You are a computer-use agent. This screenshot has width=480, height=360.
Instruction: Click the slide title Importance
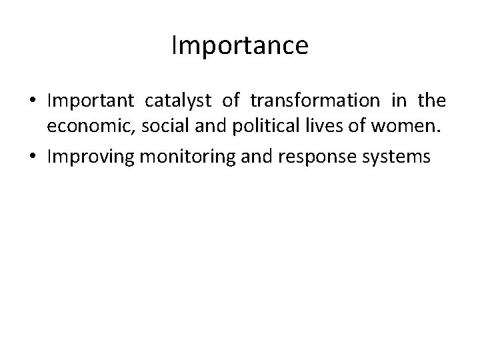coord(239,45)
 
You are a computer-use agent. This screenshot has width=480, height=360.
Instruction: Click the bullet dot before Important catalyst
coord(33,101)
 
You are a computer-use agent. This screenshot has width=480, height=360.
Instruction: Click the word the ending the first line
coord(432,101)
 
